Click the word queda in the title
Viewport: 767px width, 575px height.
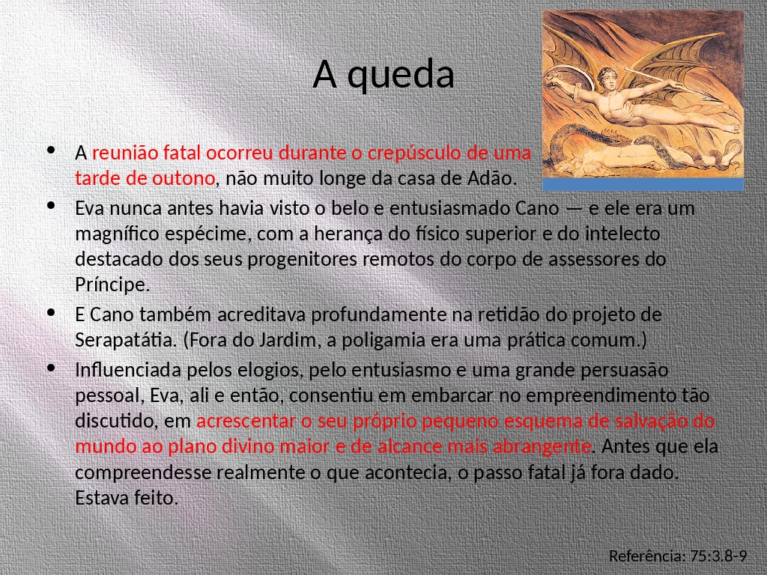(x=400, y=76)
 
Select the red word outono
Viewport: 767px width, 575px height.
(x=184, y=178)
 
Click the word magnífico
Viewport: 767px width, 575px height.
(x=117, y=234)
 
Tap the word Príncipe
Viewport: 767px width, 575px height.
(x=112, y=285)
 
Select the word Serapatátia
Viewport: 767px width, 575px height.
(x=126, y=339)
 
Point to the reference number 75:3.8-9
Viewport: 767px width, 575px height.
(x=718, y=556)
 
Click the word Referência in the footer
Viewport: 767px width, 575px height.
(x=647, y=556)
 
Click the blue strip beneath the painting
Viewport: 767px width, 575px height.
(x=643, y=184)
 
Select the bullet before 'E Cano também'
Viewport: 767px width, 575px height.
(x=51, y=314)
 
